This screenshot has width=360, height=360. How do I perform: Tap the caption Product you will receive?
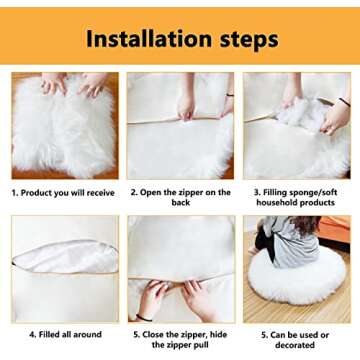(x=63, y=193)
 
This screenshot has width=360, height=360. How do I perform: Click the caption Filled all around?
(x=64, y=335)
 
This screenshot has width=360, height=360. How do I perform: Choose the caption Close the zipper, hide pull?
(x=180, y=340)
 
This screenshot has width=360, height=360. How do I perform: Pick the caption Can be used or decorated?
(x=297, y=340)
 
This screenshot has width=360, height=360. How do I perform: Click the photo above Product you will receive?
(x=64, y=125)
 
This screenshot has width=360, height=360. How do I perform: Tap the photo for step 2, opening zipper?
(x=180, y=125)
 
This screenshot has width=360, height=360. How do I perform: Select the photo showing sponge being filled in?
(x=296, y=125)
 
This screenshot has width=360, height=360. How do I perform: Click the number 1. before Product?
(x=15, y=193)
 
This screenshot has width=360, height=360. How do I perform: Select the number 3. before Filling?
(x=256, y=193)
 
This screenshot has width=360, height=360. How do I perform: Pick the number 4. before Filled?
(x=32, y=335)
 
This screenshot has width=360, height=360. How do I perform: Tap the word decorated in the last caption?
(x=297, y=346)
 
